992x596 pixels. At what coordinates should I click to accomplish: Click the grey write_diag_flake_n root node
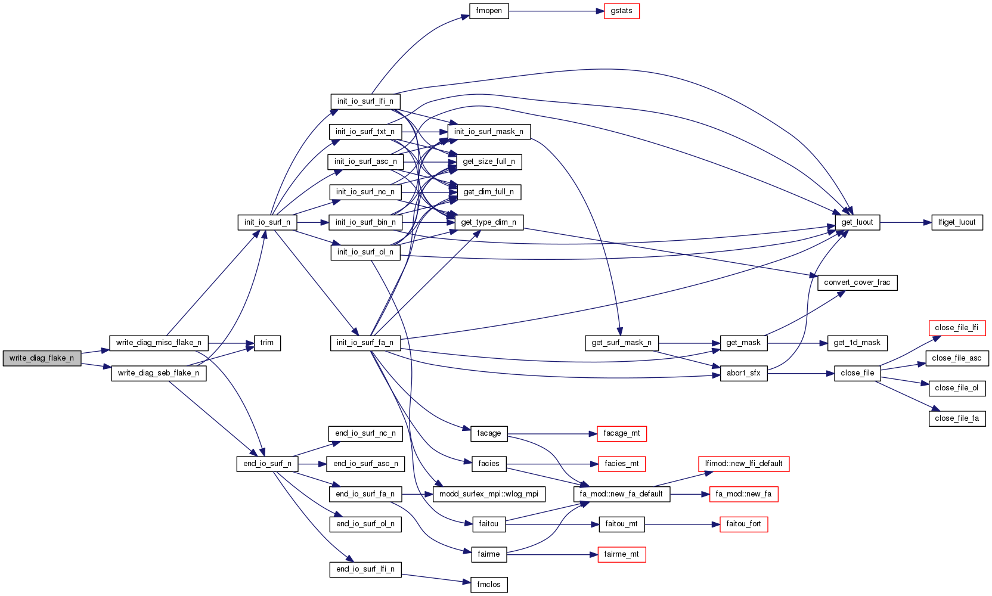point(42,358)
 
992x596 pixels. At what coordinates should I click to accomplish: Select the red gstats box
point(621,11)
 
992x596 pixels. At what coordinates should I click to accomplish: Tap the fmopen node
point(489,11)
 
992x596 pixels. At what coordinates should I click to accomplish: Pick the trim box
point(267,343)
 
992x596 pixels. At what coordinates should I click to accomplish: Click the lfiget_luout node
point(957,222)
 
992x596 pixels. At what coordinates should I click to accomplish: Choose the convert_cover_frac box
point(857,283)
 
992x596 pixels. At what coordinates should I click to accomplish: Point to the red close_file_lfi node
point(956,328)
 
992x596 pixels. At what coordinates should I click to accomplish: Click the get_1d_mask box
point(857,343)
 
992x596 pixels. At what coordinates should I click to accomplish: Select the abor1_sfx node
point(743,373)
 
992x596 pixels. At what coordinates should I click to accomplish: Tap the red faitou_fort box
point(743,524)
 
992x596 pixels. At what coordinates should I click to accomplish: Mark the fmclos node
point(489,585)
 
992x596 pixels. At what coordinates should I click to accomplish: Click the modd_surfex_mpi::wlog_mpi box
point(489,494)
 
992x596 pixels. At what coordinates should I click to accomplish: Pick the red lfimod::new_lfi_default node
point(743,464)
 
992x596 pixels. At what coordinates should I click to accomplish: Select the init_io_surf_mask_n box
point(489,132)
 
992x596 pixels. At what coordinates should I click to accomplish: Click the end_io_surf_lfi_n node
point(365,569)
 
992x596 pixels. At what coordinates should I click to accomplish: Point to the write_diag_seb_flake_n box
point(159,373)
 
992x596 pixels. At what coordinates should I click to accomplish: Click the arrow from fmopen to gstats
point(554,11)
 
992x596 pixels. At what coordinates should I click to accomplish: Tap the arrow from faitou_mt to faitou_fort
point(680,524)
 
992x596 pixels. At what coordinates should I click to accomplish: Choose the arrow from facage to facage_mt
point(551,434)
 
